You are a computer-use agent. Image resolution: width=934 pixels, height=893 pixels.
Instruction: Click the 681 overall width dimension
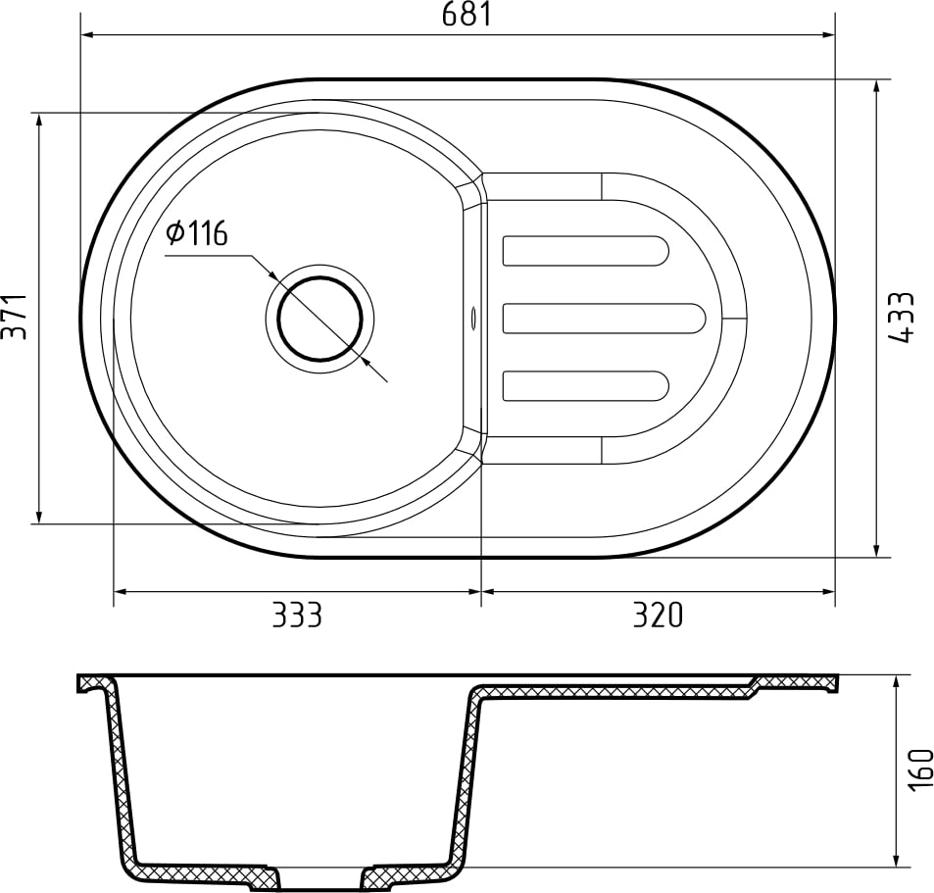point(466,15)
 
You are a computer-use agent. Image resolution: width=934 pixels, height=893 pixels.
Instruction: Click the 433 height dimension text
point(903,317)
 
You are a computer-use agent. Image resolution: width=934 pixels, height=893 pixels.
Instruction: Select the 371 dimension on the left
point(13,317)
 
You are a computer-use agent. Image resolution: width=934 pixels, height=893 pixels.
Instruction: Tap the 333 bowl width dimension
point(296,616)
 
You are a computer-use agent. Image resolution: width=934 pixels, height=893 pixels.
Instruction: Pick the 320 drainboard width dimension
point(656,616)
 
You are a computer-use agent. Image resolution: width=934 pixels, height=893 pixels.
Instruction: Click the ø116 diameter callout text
point(197,234)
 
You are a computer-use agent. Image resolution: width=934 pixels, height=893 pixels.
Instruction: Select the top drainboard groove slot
point(585,251)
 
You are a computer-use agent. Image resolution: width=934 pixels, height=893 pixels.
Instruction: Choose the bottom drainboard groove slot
point(585,386)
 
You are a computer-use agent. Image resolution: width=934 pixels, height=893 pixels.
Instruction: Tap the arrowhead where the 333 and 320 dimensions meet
point(480,592)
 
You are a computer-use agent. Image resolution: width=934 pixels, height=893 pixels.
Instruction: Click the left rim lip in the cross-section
point(93,683)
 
